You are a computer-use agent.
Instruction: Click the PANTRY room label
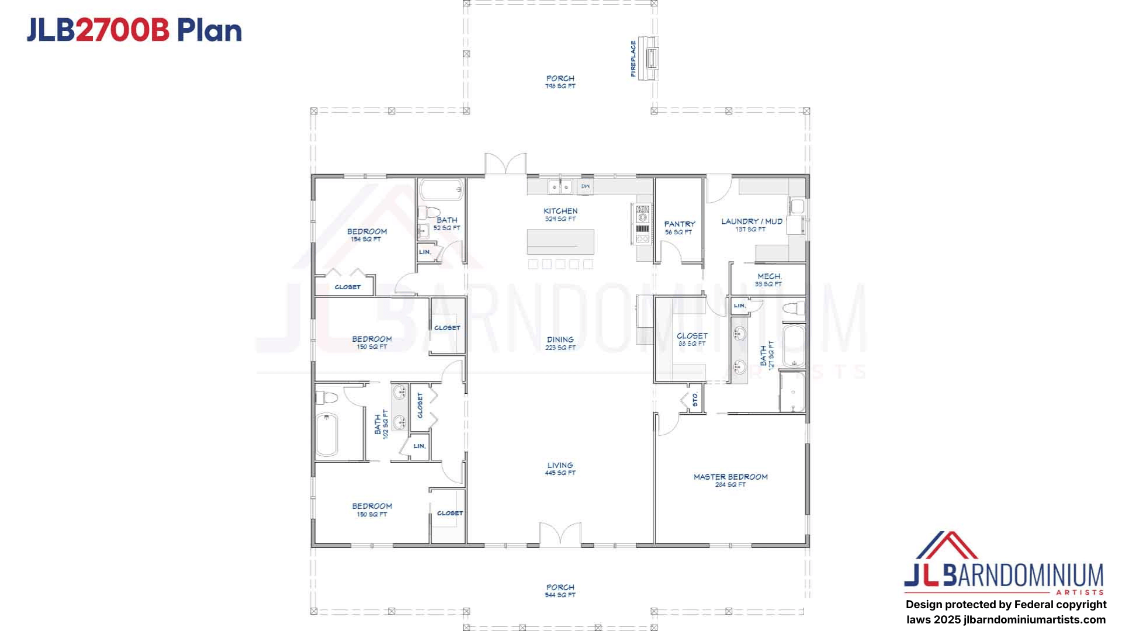[x=679, y=224]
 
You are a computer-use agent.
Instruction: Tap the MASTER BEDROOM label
[x=730, y=477]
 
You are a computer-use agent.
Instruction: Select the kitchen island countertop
[x=560, y=241]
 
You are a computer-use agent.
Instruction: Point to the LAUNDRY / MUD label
[x=752, y=221]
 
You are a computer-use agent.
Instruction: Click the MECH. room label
[x=769, y=276]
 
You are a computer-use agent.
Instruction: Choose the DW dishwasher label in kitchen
[x=585, y=186]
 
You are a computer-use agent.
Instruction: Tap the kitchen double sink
[x=560, y=187]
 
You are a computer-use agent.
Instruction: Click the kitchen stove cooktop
[x=642, y=223]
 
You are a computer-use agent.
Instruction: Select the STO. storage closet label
[x=695, y=399]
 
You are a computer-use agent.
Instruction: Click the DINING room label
[x=560, y=339]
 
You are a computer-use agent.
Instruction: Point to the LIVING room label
[x=560, y=466]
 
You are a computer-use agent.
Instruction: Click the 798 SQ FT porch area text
[x=560, y=86]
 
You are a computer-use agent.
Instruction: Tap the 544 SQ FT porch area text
[x=560, y=595]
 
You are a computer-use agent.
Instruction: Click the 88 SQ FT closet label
[x=692, y=344]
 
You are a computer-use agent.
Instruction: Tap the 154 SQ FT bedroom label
[x=366, y=239]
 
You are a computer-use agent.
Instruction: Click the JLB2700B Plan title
[x=134, y=30]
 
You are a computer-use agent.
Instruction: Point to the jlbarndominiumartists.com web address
[x=1034, y=619]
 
